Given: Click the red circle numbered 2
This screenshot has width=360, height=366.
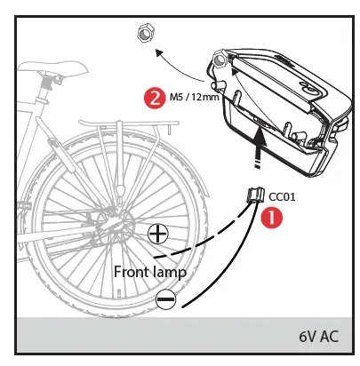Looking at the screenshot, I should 156,97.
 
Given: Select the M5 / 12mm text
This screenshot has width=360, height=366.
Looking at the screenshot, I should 195,98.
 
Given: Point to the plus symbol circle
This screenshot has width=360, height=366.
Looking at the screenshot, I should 158,235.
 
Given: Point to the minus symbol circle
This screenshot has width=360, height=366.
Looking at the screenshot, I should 165,299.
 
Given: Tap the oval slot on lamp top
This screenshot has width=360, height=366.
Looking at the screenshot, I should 308,89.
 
